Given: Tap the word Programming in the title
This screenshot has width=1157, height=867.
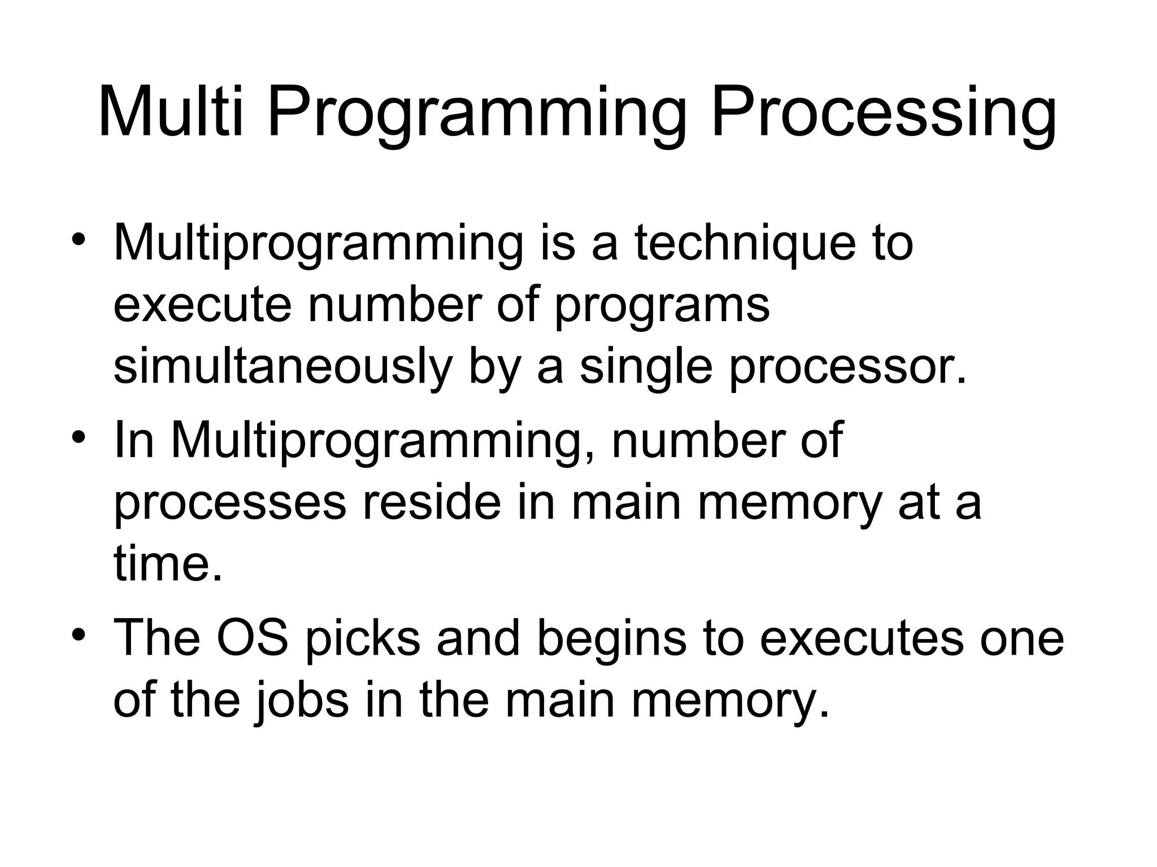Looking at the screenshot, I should tap(477, 113).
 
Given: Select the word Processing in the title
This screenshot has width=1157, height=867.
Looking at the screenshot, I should tap(883, 113).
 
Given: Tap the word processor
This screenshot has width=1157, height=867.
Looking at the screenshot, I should tap(847, 368).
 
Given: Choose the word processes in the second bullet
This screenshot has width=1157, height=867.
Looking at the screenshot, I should tap(229, 504).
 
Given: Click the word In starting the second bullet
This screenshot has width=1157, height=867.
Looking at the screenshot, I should tap(134, 440).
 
